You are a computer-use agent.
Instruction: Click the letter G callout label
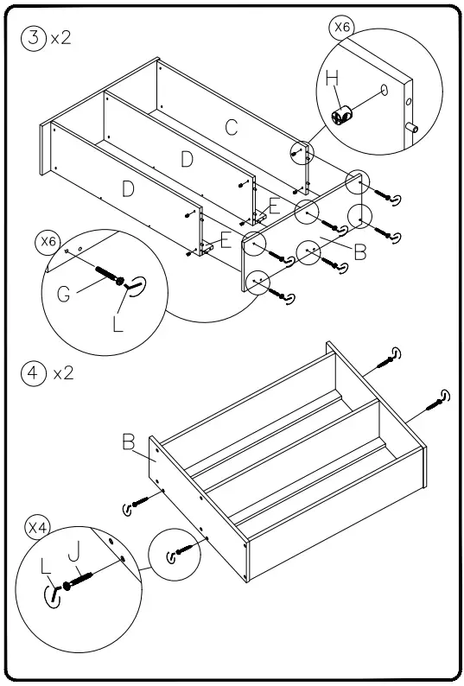[x=64, y=295]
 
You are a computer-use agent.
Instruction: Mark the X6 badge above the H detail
[x=342, y=28]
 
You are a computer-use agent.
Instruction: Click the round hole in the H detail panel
[x=384, y=90]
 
